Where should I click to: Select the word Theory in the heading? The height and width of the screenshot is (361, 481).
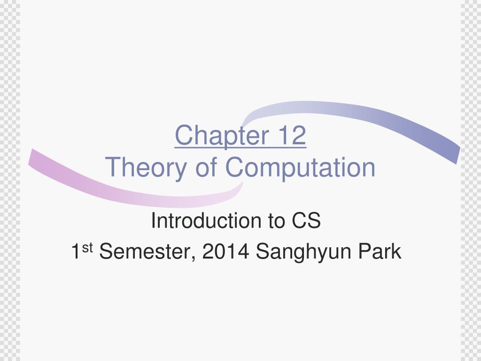[145, 167]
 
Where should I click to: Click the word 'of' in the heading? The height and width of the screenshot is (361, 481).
[206, 167]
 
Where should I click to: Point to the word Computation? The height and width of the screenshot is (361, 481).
[301, 167]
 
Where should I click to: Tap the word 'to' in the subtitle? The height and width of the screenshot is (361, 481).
[277, 221]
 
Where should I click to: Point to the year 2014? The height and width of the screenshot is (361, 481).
[225, 252]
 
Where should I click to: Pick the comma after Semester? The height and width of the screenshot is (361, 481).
[195, 258]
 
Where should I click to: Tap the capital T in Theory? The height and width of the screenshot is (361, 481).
[112, 167]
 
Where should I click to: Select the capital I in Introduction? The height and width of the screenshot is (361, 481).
[153, 221]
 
